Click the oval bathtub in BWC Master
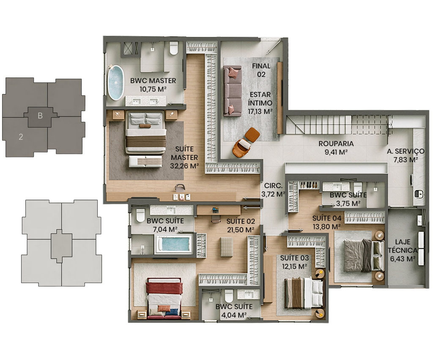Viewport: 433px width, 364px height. click(x=116, y=83)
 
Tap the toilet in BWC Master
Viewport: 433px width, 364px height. click(x=173, y=48)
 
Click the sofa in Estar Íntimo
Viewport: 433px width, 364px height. click(x=232, y=91)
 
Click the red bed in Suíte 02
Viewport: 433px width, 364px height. click(x=164, y=298)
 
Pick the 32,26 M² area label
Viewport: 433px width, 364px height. click(x=185, y=166)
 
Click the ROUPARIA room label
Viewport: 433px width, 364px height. click(x=336, y=144)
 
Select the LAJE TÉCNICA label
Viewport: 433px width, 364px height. click(x=403, y=246)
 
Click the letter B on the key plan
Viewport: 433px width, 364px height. click(x=40, y=116)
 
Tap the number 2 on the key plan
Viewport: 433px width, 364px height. click(x=21, y=137)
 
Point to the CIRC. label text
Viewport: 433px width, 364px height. click(x=273, y=186)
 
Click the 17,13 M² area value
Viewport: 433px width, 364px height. click(x=260, y=111)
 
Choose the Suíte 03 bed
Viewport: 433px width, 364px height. click(x=304, y=293)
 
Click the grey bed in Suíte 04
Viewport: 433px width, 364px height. click(x=364, y=256)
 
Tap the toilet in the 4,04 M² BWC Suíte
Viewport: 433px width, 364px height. click(x=229, y=296)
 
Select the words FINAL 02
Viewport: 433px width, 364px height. click(x=261, y=70)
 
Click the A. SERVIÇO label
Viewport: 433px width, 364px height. click(x=406, y=151)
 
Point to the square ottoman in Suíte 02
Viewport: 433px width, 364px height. click(x=227, y=247)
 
